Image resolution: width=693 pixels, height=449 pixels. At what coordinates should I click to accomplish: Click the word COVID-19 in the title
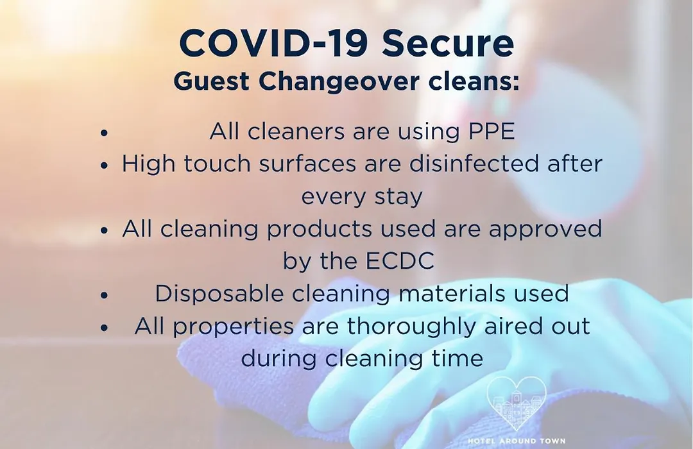click(x=273, y=43)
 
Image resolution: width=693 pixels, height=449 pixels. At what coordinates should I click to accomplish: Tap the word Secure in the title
click(x=448, y=43)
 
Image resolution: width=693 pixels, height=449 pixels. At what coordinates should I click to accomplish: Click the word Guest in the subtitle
click(x=212, y=81)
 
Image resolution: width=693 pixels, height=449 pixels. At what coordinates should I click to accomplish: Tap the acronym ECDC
click(x=400, y=260)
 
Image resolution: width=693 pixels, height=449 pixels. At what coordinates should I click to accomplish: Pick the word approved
click(x=545, y=230)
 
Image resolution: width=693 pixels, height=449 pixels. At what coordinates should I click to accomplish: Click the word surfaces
click(x=307, y=164)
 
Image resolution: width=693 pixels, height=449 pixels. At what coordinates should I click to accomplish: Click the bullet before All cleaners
click(x=105, y=132)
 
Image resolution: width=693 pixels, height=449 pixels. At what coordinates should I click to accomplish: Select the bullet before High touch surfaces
click(x=105, y=165)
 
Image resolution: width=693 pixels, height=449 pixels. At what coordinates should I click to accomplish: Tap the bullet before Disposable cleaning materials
click(x=105, y=295)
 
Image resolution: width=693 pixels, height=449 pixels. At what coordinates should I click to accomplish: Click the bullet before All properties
click(x=105, y=328)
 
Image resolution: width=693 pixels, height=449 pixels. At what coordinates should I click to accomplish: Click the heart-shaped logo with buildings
click(x=516, y=403)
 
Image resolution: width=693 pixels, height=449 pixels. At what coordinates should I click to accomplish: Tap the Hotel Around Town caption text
click(x=516, y=441)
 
